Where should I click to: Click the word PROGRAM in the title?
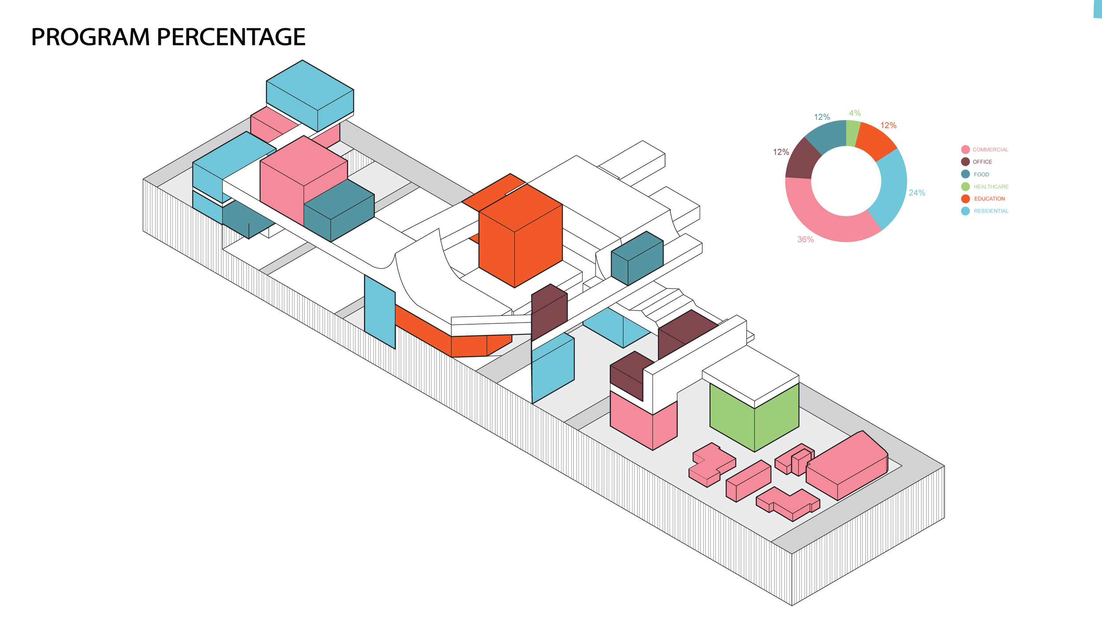click(90, 37)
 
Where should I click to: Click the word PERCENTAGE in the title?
click(231, 37)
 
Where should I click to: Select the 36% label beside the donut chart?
click(805, 239)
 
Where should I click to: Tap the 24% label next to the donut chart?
click(917, 193)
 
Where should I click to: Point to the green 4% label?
click(855, 113)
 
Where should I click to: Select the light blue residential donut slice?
click(890, 189)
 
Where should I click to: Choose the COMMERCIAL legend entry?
click(990, 150)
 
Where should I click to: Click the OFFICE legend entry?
click(982, 162)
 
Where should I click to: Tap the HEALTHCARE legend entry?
click(990, 187)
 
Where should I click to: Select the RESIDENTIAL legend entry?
click(991, 211)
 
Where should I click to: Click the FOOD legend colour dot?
click(965, 174)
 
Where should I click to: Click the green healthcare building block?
click(754, 416)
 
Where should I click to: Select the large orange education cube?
click(520, 238)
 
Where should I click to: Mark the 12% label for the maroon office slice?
click(781, 152)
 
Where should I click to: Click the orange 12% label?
click(888, 126)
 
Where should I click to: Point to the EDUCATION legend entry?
click(989, 199)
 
